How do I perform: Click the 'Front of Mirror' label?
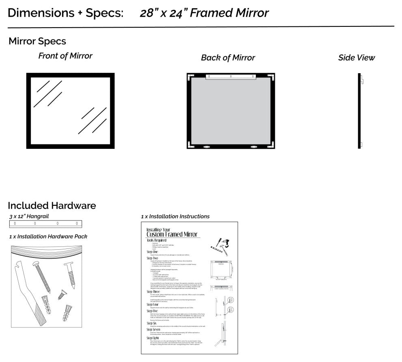65,56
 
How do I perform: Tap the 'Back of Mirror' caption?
228,58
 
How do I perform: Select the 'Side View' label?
357,58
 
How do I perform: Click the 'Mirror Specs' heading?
37,41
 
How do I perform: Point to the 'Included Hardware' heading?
52,205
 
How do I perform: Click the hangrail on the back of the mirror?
231,76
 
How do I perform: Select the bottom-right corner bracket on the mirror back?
272,145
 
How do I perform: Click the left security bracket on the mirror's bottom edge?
207,146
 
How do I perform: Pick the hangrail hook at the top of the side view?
361,81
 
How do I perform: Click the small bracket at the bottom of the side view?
361,144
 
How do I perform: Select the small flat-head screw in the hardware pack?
62,294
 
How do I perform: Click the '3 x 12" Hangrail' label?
29,216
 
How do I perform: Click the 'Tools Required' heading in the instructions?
156,240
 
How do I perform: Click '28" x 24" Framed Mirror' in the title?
204,13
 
